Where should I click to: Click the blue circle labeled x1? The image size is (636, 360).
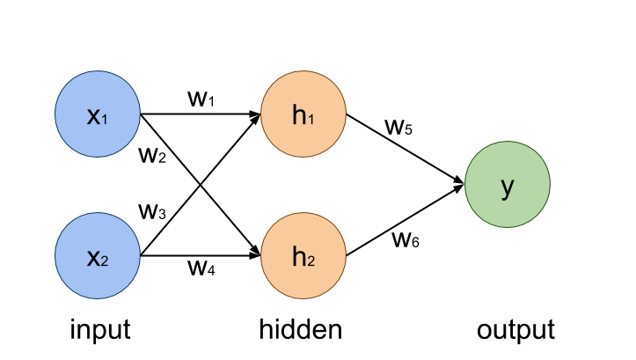pos(98,114)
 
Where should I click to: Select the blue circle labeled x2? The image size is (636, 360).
pos(98,256)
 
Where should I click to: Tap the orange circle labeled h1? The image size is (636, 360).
pos(303,114)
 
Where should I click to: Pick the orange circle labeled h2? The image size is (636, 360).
pos(303,256)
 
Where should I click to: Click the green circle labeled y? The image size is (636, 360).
pos(508,185)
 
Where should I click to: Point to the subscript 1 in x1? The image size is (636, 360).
pos(106,119)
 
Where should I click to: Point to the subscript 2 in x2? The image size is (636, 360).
pos(106,261)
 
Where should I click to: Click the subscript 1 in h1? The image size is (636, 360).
pos(311,119)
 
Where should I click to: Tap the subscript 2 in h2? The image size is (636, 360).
pos(311,261)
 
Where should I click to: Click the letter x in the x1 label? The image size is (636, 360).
pos(93,115)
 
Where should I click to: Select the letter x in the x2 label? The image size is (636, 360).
pos(93,257)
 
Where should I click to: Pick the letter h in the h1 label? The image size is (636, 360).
pos(299,114)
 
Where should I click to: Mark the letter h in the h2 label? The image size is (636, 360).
pos(299,256)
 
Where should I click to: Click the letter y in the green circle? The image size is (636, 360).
pos(508,187)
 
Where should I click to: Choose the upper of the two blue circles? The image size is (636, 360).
pos(98,114)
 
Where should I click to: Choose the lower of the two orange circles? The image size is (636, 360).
pos(303,256)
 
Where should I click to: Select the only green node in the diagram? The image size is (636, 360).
pos(508,185)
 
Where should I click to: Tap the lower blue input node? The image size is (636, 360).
pos(98,256)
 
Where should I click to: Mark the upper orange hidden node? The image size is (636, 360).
pos(303,114)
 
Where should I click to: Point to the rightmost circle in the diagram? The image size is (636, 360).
pos(508,185)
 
